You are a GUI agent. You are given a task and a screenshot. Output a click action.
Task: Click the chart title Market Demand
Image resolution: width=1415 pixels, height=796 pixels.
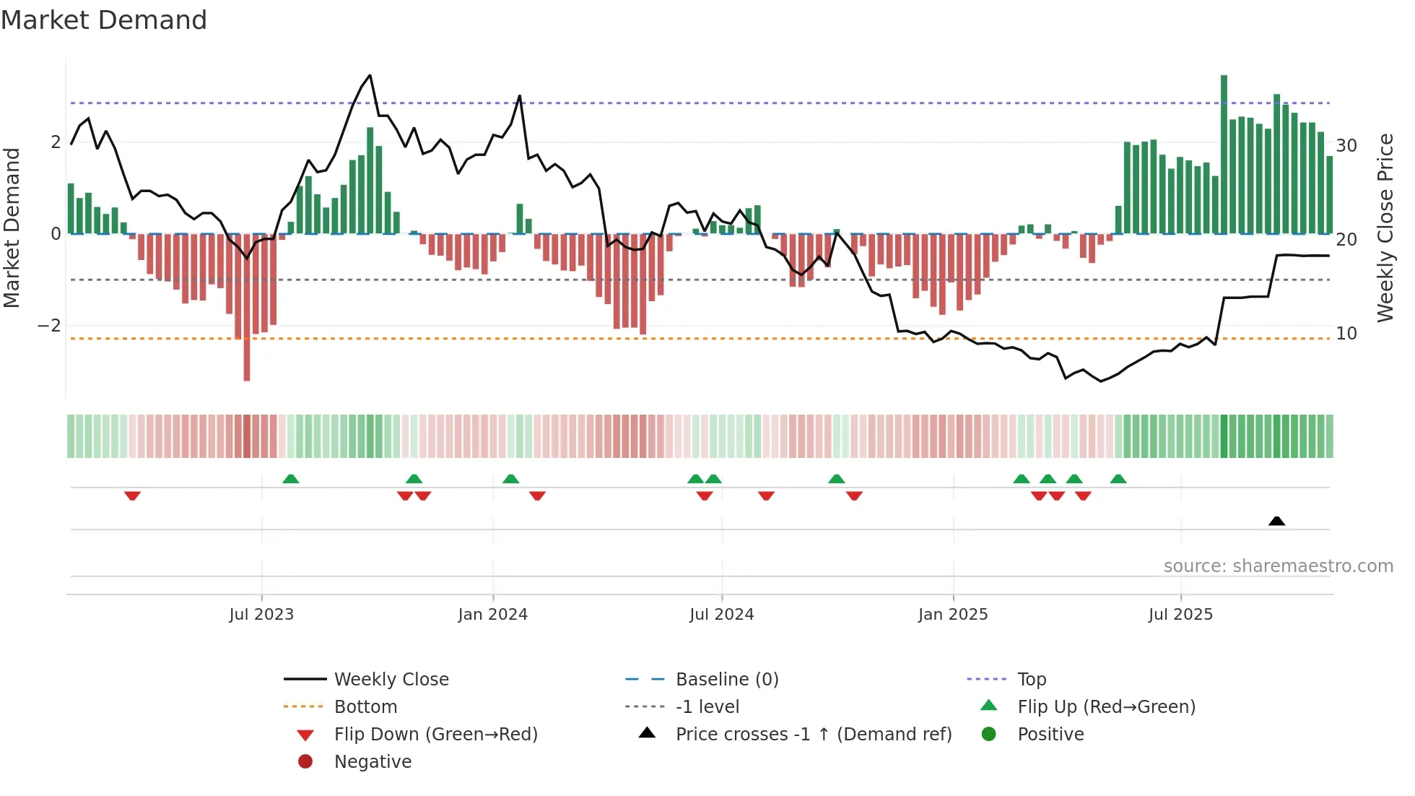click(x=104, y=20)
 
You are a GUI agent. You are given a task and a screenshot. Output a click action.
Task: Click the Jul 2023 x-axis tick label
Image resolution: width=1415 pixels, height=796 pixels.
click(x=261, y=615)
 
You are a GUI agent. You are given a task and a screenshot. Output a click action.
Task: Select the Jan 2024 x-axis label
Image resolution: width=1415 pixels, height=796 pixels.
click(x=492, y=615)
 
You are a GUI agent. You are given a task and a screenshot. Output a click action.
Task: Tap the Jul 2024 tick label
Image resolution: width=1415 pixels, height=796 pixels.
click(x=721, y=615)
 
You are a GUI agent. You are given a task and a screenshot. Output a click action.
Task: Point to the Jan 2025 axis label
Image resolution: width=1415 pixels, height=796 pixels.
click(x=953, y=615)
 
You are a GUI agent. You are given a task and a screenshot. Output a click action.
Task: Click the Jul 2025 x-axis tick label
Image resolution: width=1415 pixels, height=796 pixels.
click(x=1180, y=615)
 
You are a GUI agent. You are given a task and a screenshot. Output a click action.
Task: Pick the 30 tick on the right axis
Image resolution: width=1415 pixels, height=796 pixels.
click(x=1346, y=146)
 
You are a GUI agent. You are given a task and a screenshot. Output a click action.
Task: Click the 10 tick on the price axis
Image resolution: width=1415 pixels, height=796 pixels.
click(x=1346, y=334)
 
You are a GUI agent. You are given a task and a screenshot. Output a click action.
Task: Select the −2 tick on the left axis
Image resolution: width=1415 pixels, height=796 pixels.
click(x=49, y=326)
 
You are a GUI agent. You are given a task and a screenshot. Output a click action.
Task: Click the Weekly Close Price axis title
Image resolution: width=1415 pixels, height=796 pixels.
click(x=1385, y=228)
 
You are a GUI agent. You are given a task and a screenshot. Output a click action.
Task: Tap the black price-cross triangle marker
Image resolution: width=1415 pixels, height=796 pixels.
click(x=1276, y=521)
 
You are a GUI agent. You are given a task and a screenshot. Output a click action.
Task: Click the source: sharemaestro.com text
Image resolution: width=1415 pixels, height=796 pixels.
click(x=1278, y=566)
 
